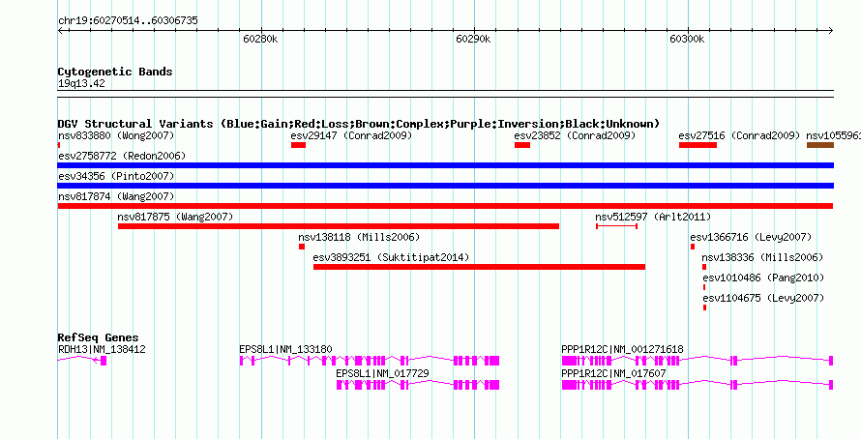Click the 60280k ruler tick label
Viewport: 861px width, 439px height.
[260, 39]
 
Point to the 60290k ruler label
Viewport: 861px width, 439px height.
[473, 39]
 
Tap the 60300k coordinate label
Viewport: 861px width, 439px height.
[687, 39]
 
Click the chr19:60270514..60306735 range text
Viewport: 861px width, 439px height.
[128, 21]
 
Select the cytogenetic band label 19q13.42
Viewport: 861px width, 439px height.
[81, 84]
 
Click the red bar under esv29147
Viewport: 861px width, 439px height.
[298, 145]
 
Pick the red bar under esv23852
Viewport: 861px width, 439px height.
[522, 145]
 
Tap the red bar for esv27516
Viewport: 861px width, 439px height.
[698, 145]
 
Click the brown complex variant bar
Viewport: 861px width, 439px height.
[820, 145]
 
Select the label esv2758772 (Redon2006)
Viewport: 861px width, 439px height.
[122, 156]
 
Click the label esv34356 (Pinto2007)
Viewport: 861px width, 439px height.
[116, 176]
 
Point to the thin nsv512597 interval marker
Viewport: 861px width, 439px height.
[616, 226]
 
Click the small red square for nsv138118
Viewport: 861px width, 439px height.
[302, 247]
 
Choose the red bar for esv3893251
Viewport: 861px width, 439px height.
[480, 267]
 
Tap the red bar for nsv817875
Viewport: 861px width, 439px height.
[339, 226]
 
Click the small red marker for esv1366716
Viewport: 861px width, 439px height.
[693, 247]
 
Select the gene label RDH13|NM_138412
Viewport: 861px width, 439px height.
[102, 349]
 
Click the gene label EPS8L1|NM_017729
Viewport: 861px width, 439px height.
[383, 373]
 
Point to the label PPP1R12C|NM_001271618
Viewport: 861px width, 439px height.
[622, 349]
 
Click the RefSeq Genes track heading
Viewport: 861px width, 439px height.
[99, 337]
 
